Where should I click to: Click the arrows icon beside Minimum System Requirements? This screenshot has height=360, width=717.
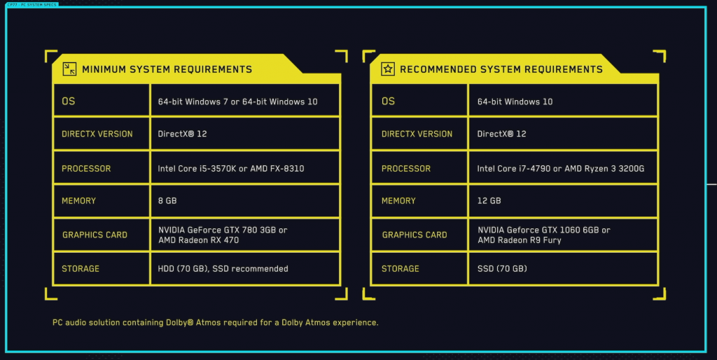click(69, 69)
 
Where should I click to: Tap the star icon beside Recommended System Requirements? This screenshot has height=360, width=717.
click(388, 69)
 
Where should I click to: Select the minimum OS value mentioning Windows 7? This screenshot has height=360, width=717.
click(237, 102)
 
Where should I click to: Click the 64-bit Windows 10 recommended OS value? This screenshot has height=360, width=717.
click(515, 102)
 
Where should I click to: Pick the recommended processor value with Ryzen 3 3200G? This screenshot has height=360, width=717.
click(561, 168)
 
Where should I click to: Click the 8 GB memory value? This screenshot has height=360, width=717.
click(167, 200)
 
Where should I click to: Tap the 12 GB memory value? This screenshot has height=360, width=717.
click(489, 200)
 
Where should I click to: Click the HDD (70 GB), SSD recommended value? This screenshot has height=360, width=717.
click(223, 268)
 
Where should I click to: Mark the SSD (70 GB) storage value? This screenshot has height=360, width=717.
click(502, 268)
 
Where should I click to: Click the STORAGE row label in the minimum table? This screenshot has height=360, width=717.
click(81, 268)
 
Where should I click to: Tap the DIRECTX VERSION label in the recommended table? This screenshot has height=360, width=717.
click(417, 134)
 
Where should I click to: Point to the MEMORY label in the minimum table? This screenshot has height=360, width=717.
click(78, 201)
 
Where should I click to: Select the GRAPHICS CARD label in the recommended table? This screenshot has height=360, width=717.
click(415, 235)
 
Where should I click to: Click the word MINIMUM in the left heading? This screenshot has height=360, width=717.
click(104, 69)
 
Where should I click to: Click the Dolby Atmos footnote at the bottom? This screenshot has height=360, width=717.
click(216, 322)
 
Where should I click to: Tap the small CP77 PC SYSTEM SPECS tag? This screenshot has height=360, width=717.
click(32, 5)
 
